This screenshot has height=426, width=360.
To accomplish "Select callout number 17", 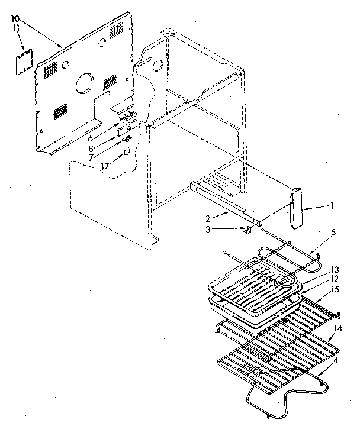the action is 105,167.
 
